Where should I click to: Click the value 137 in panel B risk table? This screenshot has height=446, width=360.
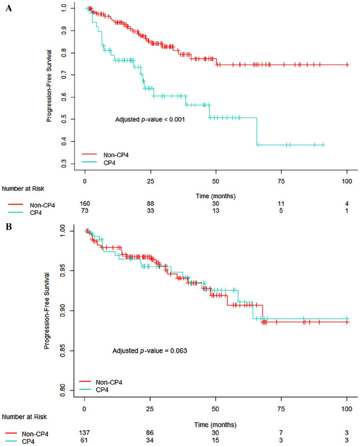tap(84, 419)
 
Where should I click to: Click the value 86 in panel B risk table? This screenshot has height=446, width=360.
tap(150, 419)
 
